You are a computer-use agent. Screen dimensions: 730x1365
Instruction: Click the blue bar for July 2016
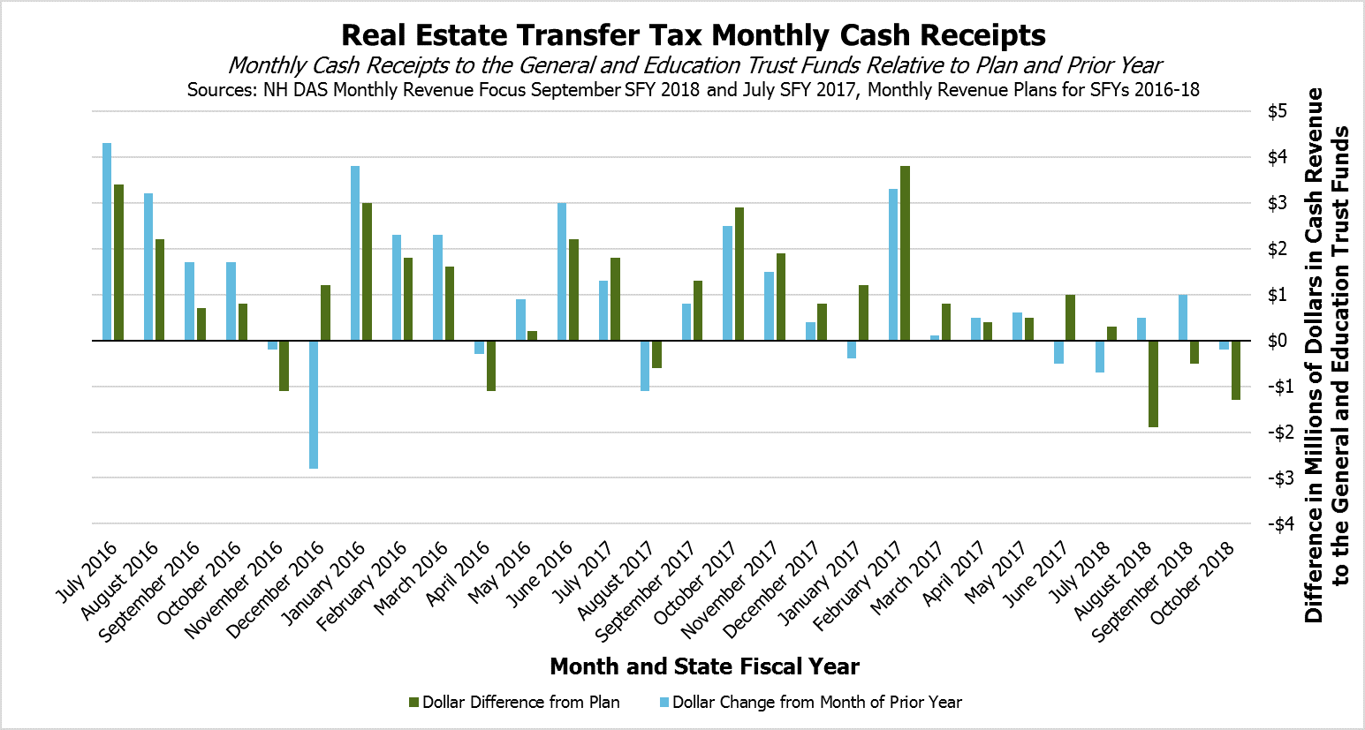click(x=107, y=242)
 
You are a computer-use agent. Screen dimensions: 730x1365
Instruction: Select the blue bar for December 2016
click(x=314, y=404)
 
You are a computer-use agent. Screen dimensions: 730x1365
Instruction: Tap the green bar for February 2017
click(x=905, y=253)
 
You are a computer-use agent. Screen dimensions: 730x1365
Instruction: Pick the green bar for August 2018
click(x=1153, y=384)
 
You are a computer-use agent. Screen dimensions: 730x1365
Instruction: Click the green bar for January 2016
click(x=367, y=272)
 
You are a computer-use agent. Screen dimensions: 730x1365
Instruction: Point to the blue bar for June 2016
click(x=562, y=272)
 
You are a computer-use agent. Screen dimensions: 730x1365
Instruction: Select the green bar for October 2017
click(x=739, y=275)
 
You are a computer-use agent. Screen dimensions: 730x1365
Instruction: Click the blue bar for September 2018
click(x=1183, y=318)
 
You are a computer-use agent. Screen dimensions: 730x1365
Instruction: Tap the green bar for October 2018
click(x=1235, y=371)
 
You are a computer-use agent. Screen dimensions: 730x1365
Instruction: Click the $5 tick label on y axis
click(x=1277, y=111)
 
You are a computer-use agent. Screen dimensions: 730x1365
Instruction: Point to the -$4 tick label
click(x=1277, y=524)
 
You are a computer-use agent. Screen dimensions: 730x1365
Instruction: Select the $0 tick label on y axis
click(x=1277, y=341)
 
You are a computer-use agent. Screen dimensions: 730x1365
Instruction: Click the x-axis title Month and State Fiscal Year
click(x=704, y=666)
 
